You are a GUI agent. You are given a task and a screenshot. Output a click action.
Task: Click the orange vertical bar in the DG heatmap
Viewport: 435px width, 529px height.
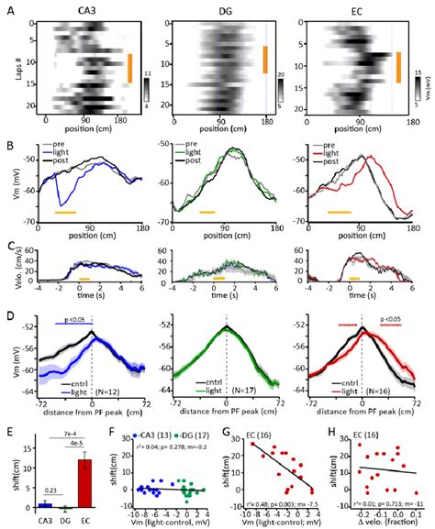264,59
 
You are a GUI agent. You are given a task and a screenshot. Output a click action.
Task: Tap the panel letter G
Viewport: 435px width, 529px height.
232,431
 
